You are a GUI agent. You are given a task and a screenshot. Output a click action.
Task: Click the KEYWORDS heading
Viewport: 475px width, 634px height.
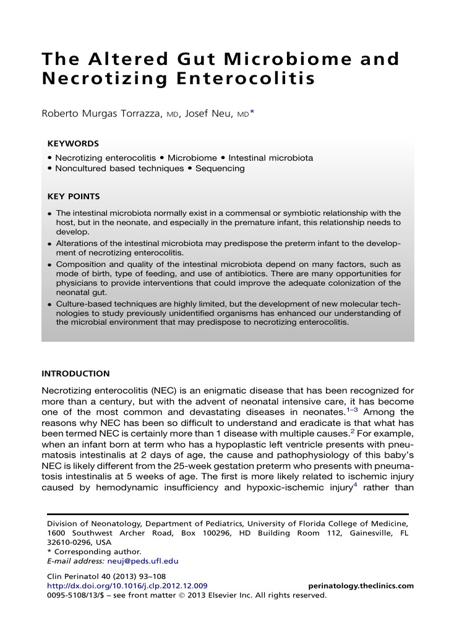(x=73, y=143)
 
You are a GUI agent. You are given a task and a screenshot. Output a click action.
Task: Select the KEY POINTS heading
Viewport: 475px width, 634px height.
(x=74, y=197)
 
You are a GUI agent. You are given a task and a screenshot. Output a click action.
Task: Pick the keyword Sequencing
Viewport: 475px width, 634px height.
(x=220, y=168)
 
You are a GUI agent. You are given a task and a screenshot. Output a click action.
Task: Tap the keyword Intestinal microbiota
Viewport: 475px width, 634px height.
(x=270, y=158)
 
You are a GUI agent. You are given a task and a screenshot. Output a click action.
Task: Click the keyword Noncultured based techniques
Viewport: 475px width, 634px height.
(x=119, y=168)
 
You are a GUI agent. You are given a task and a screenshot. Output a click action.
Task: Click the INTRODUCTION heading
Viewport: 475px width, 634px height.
(x=75, y=374)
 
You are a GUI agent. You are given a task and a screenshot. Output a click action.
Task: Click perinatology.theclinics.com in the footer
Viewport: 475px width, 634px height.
(x=361, y=586)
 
